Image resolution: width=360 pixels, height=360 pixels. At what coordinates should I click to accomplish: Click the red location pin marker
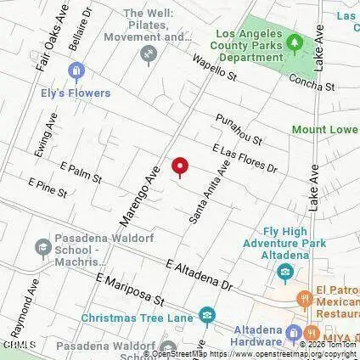[179, 166]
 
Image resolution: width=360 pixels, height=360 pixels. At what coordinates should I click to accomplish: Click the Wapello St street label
[214, 67]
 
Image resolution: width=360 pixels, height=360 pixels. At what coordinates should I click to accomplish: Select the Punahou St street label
[239, 128]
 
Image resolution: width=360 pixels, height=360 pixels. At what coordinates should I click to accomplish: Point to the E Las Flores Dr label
[245, 159]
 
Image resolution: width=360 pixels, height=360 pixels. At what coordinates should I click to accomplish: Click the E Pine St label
[48, 188]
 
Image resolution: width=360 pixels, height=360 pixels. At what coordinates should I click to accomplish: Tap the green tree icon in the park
[295, 42]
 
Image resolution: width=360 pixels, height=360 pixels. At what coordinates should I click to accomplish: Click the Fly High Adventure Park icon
[286, 272]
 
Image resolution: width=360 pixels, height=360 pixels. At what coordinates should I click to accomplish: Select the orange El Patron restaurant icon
[303, 297]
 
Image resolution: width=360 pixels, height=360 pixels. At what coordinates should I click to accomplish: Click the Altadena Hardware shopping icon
[294, 331]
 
